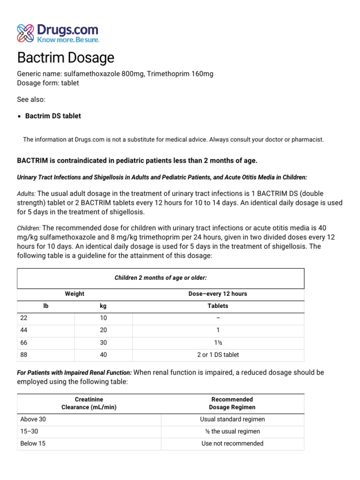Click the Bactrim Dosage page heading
(66, 58)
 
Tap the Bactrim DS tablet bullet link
(53, 116)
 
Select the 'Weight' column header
(75, 294)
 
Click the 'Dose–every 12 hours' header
(217, 294)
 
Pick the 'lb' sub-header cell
(46, 306)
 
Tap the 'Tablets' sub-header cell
(217, 306)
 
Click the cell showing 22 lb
(24, 318)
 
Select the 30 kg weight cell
(103, 342)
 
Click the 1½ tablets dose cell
(217, 342)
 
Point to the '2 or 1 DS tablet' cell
(217, 354)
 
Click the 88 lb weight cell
(24, 354)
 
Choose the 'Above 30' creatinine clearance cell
(33, 419)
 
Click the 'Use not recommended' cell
(232, 443)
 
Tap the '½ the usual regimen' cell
(232, 431)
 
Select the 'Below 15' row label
(33, 443)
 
